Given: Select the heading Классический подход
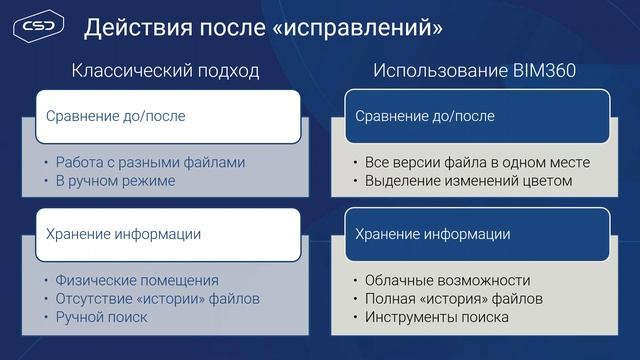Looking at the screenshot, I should [x=165, y=71].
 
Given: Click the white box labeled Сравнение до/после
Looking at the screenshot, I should [x=167, y=116].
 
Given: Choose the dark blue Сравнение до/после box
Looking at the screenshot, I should [x=477, y=116].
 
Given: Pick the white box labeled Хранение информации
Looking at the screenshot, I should [x=167, y=234].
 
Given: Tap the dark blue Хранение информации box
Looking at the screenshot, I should [x=477, y=234].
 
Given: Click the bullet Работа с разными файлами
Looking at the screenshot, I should [x=150, y=162].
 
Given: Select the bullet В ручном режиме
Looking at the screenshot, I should [x=115, y=181].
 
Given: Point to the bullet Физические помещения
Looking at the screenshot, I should [x=137, y=280].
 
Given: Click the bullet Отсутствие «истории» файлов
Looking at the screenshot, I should [x=158, y=298].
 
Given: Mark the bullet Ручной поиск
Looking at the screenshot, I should [x=101, y=317].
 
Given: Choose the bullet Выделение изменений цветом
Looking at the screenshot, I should [x=467, y=181].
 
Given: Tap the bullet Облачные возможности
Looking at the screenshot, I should [x=446, y=280].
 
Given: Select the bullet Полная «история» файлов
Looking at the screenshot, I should [x=453, y=298].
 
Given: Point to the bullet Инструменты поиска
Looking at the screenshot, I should [x=436, y=317].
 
